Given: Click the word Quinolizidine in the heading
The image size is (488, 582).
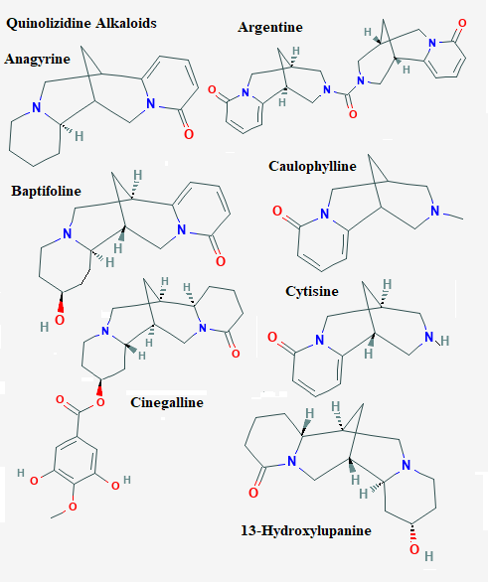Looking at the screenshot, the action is click(49, 24).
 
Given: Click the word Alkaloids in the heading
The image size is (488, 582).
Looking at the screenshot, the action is click(126, 23).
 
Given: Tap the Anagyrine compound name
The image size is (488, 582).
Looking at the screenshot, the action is click(38, 60).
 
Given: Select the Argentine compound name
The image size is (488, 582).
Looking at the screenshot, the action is click(270, 28).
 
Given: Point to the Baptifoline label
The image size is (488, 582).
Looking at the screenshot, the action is click(46, 191).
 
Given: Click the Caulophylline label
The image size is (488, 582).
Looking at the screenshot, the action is click(312, 167).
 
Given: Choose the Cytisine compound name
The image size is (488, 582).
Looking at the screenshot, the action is click(312, 291).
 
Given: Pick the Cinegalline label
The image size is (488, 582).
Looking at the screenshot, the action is click(167, 402).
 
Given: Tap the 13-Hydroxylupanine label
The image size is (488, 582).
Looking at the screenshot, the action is click(306, 530).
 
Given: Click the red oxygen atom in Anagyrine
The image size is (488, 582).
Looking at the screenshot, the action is click(189, 134).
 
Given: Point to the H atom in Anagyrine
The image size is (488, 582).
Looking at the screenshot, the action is click(80, 136).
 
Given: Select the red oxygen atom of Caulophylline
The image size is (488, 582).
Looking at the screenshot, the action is click(277, 211).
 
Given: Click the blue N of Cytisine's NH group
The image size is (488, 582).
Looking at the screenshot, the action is click(429, 338).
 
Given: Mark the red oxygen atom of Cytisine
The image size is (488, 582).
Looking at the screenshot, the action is click(272, 337).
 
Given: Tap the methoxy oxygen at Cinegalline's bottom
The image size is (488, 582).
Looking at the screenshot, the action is click(73, 507).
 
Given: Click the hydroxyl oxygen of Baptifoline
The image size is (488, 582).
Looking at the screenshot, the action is click(60, 320).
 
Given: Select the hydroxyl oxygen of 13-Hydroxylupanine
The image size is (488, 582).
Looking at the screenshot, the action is click(414, 549).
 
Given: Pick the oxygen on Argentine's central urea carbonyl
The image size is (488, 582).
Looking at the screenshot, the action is click(353, 114).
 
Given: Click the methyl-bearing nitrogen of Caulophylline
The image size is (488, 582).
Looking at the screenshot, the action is click(435, 211).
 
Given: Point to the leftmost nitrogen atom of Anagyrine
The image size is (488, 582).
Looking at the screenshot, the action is click(36, 107).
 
